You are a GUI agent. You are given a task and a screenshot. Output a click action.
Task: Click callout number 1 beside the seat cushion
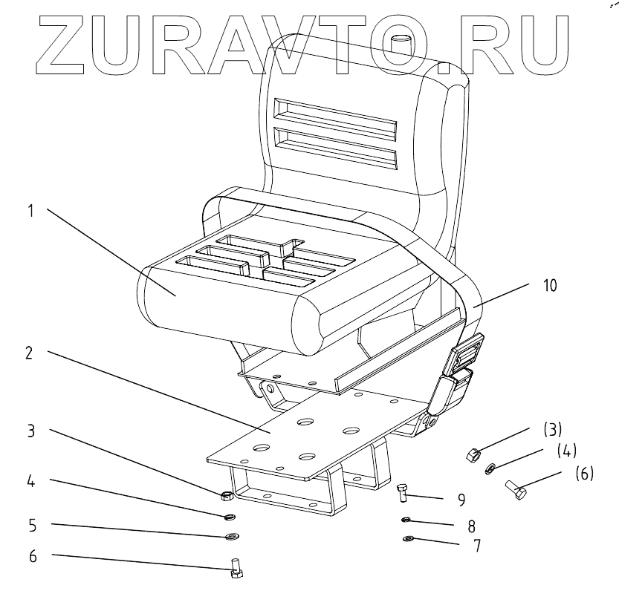tap(31, 211)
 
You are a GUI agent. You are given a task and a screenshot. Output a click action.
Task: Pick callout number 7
tap(476, 546)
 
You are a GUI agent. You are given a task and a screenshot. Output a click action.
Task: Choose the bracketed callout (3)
tap(551, 429)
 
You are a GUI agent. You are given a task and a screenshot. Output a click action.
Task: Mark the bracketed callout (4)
tap(567, 449)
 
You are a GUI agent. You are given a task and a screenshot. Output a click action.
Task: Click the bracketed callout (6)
tap(584, 472)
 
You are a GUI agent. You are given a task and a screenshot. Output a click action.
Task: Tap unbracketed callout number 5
tap(31, 524)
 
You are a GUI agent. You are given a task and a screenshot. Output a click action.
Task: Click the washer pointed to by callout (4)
tap(490, 469)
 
